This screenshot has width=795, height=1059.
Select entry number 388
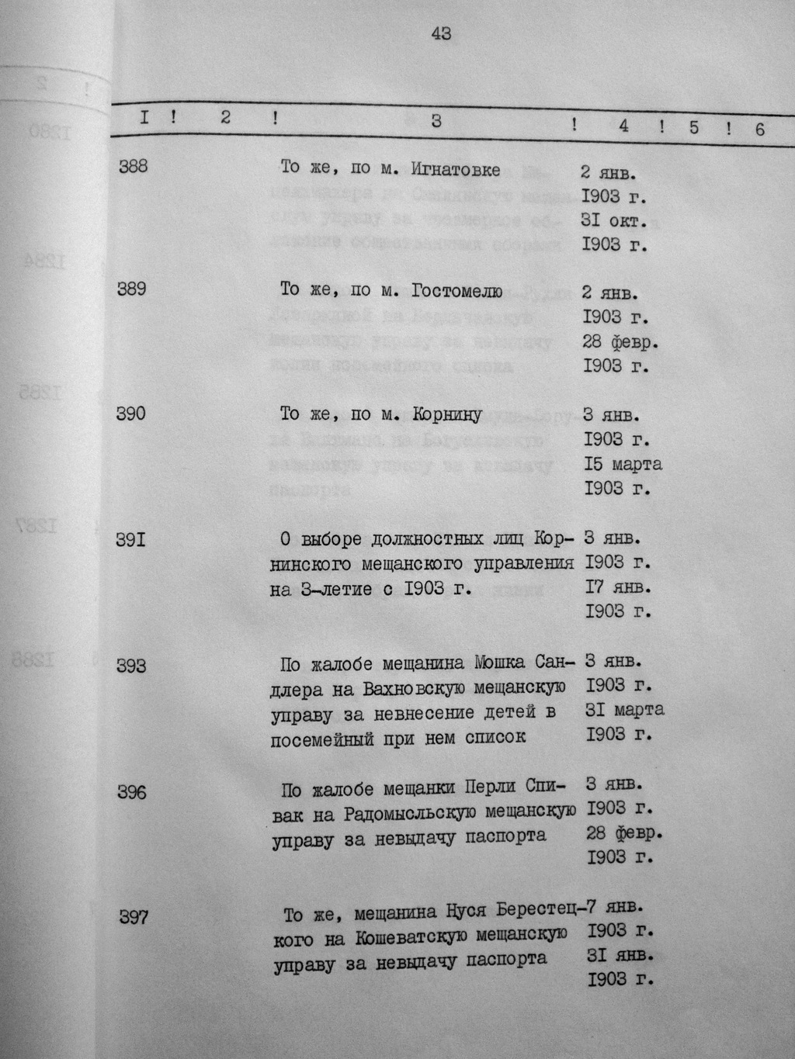(133, 165)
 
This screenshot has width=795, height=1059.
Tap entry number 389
(132, 289)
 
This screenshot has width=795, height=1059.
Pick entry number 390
(131, 414)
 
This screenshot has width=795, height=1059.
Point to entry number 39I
(131, 538)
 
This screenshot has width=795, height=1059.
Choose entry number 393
(132, 665)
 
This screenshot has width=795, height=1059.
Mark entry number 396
(132, 792)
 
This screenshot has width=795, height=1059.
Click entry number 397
(133, 918)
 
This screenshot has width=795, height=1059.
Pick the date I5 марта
(623, 464)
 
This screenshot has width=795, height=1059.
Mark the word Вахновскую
(409, 689)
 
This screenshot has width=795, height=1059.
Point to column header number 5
(694, 127)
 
